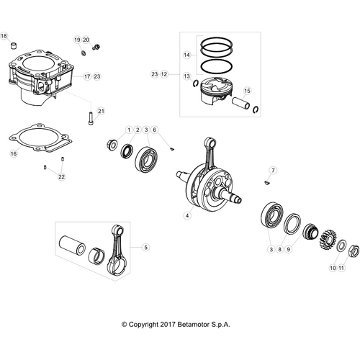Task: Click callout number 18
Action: pos(4,35)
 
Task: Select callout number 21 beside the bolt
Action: pos(102,111)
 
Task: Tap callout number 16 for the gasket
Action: pos(13,153)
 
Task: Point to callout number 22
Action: pos(61,176)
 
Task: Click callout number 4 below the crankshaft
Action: pos(187,215)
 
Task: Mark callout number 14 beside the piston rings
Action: pos(186,55)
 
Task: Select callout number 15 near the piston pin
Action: pos(247,91)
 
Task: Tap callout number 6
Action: pos(155,130)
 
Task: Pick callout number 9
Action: pos(289,250)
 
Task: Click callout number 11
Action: pos(342,267)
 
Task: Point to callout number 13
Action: pos(186,75)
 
